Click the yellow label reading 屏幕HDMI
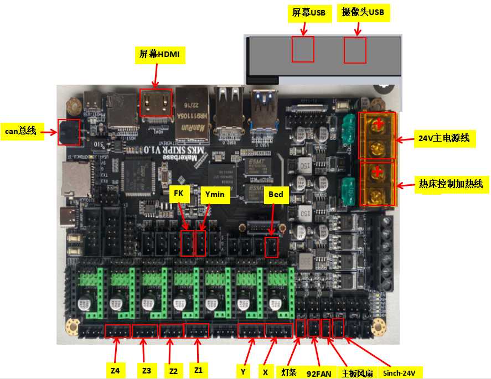point(160,54)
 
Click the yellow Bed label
point(275,194)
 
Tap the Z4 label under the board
point(115,370)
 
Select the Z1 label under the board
point(197,370)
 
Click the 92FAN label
point(319,373)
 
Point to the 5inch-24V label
point(399,373)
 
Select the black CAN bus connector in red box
point(69,132)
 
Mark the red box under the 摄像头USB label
point(355,50)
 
